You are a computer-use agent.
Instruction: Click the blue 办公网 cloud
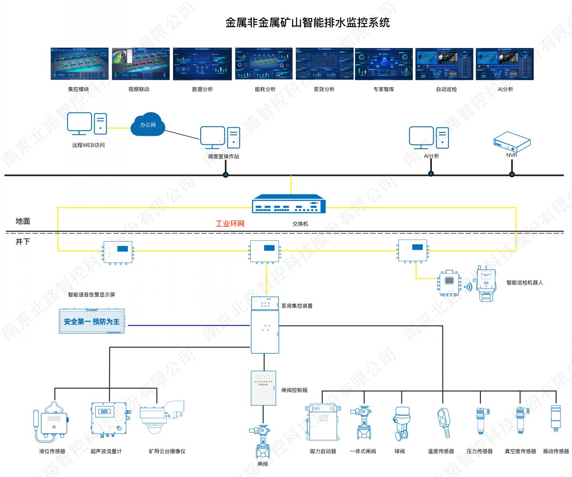point(147,125)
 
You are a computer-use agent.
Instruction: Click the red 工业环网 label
point(230,223)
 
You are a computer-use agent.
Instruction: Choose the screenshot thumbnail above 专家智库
point(384,64)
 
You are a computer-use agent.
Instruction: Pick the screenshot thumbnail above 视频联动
point(140,64)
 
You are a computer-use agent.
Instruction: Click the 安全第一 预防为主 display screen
point(92,321)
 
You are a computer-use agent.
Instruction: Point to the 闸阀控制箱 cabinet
point(263,388)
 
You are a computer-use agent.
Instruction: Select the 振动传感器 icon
point(555,420)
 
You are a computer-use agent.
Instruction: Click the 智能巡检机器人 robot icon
point(486,285)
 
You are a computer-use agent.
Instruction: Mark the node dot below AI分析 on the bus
point(431,174)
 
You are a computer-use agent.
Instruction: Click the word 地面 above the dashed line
point(23,221)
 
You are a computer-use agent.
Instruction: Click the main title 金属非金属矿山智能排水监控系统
point(307,22)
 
